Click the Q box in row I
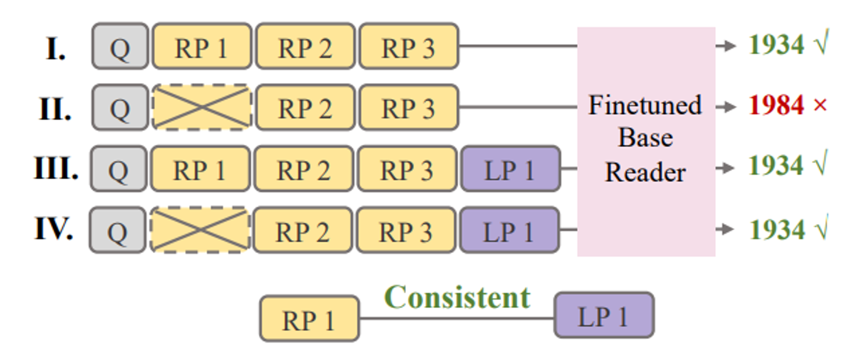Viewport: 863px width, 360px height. click(120, 46)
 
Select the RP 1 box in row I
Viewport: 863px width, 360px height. click(202, 46)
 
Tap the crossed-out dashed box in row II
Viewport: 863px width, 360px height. click(202, 107)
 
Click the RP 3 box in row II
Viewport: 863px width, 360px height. click(409, 107)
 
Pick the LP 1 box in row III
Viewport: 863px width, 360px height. click(510, 169)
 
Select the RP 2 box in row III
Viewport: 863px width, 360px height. click(304, 169)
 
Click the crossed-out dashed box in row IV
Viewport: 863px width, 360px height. click(200, 230)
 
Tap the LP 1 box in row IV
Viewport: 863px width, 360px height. click(510, 230)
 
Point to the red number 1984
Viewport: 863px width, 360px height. click(776, 105)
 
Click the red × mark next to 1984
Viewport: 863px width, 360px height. click(820, 105)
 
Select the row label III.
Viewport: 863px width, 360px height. click(56, 168)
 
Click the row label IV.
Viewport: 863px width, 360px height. click(54, 229)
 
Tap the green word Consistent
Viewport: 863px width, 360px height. click(457, 297)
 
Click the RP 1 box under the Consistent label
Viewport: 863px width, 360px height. click(309, 319)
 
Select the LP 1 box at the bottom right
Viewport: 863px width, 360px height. click(604, 315)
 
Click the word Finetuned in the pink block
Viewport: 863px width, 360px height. click(645, 105)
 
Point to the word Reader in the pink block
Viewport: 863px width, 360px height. click(645, 172)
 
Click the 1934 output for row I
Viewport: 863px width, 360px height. click(776, 44)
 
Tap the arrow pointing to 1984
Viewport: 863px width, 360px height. click(726, 107)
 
